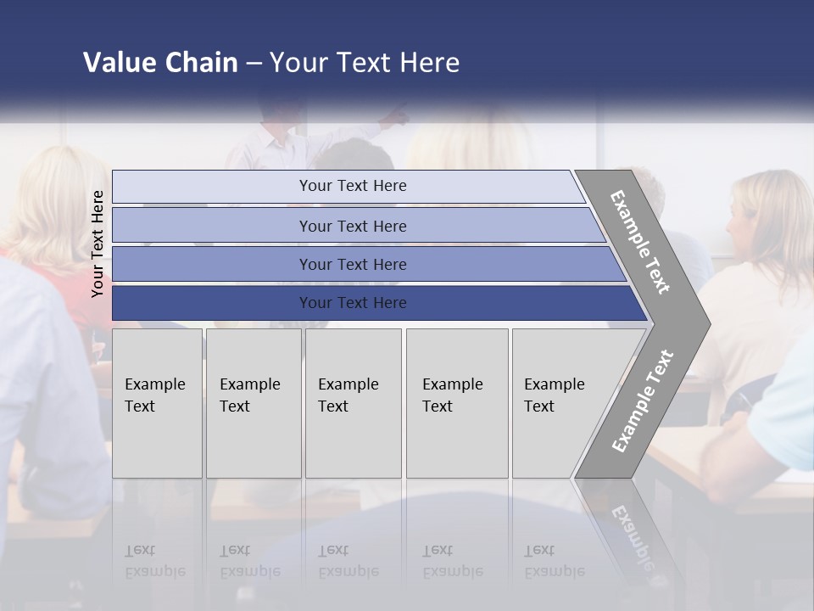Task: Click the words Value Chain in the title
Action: (x=160, y=63)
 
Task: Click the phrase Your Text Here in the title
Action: (x=365, y=63)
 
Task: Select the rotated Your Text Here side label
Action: (x=98, y=244)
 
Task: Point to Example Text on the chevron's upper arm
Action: (x=640, y=242)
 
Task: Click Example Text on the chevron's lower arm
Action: (x=642, y=401)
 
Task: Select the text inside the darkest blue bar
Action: (x=353, y=303)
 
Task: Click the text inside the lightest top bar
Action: (x=353, y=186)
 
